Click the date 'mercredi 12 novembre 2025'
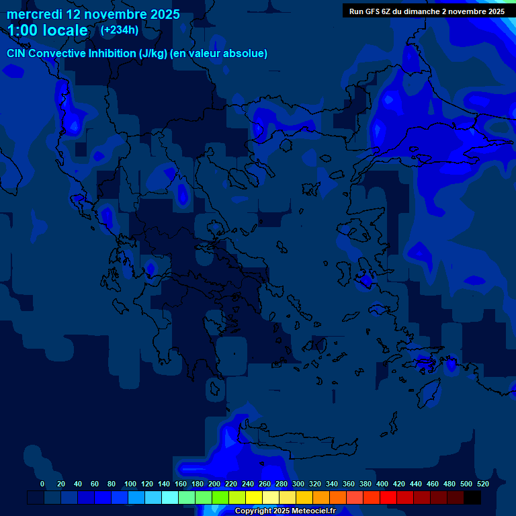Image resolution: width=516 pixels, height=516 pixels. [x=93, y=14]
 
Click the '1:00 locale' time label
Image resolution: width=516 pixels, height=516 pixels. [x=48, y=31]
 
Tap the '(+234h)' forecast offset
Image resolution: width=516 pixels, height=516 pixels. [x=119, y=30]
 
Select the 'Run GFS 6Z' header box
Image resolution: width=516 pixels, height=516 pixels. [x=427, y=11]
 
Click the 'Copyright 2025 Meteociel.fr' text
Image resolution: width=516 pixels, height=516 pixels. [x=285, y=511]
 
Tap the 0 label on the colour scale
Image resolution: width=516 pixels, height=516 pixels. [x=42, y=484]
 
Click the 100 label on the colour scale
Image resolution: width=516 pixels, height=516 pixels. [x=130, y=484]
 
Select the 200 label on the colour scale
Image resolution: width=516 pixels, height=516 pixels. [x=214, y=484]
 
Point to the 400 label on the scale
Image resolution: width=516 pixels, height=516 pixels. [x=382, y=484]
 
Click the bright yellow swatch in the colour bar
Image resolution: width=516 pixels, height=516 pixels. [x=254, y=498]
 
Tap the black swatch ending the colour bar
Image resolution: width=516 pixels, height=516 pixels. [x=472, y=498]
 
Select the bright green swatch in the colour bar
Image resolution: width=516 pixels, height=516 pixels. [x=220, y=498]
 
